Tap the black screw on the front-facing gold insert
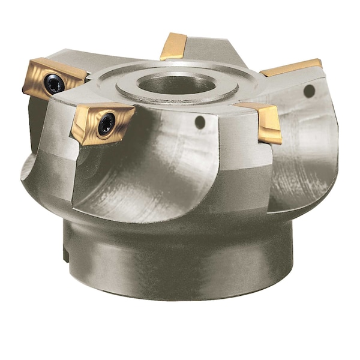coord(107,124)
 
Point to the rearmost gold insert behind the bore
coord(175,46)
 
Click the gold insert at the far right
coord(291,67)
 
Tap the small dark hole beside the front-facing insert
coord(200,122)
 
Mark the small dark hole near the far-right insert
coord(309,91)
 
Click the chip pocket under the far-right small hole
coord(300,162)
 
